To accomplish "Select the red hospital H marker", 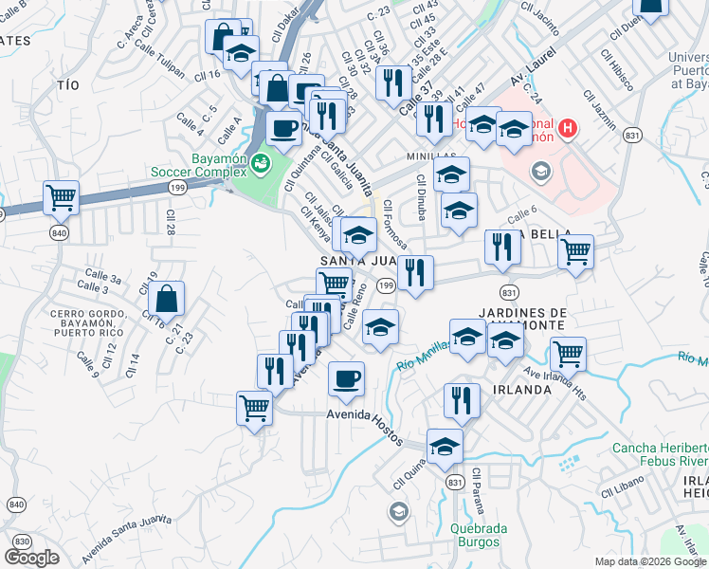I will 567,128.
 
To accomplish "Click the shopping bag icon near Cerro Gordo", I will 166,298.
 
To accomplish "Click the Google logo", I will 32,557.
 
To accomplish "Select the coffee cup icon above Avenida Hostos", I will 346,378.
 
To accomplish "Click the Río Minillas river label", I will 423,358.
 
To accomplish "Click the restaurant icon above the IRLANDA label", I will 462,399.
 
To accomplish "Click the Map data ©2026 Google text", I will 649,561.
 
